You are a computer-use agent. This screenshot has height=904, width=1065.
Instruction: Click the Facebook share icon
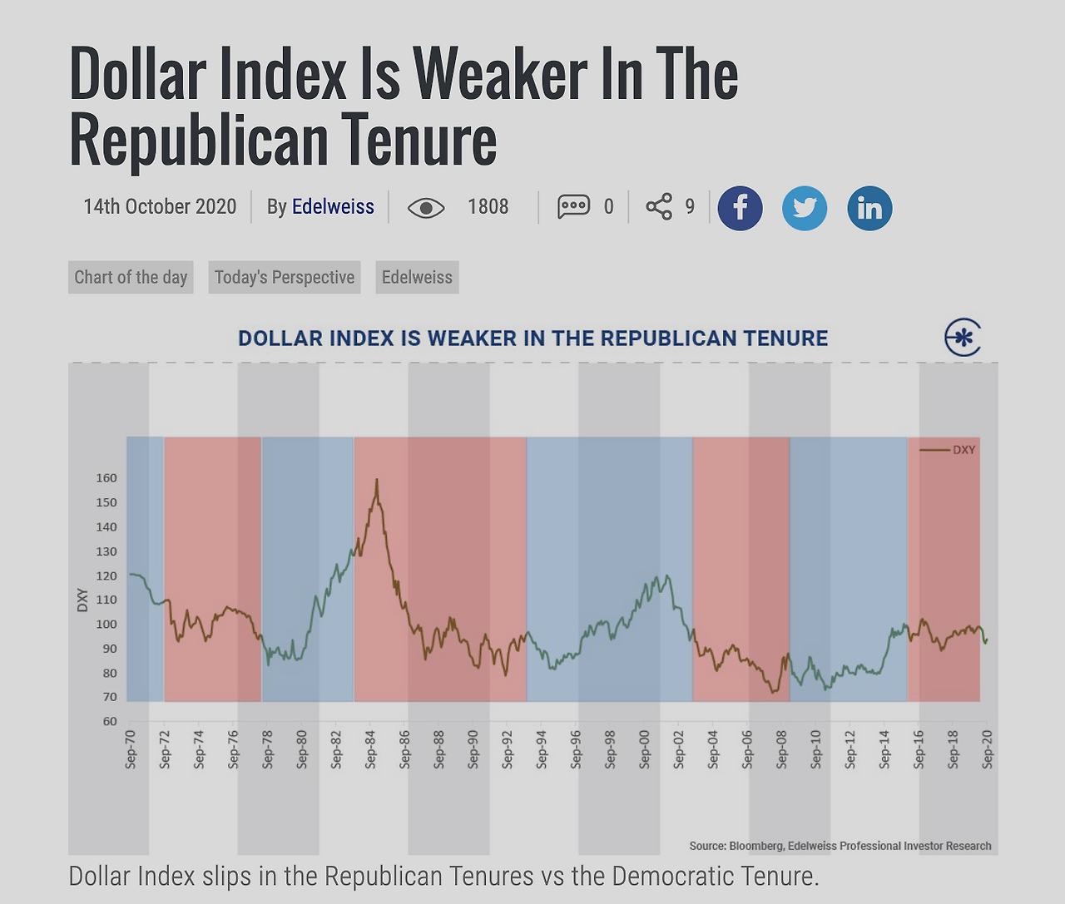point(740,208)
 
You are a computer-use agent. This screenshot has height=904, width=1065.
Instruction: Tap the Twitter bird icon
point(805,208)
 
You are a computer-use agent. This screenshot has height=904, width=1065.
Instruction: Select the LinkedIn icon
point(869,208)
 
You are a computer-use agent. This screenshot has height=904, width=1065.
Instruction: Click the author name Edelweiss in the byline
point(333,207)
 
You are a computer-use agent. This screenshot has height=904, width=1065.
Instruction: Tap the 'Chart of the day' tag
point(131,278)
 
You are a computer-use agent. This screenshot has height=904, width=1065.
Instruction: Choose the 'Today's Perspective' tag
point(285,278)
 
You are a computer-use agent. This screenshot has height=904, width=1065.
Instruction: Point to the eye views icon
point(426,208)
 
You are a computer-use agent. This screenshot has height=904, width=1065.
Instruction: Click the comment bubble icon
point(574,206)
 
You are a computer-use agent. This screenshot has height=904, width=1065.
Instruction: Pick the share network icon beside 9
point(659,206)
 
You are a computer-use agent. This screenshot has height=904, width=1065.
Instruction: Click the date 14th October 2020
point(160,207)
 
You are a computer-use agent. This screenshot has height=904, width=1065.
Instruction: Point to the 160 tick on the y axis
point(106,478)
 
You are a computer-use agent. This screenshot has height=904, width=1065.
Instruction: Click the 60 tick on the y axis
point(110,722)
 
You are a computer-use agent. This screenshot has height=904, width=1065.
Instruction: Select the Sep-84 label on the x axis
point(370,749)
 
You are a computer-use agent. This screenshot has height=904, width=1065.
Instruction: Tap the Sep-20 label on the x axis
point(988,749)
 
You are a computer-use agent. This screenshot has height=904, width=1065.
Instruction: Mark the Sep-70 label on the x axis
point(131,749)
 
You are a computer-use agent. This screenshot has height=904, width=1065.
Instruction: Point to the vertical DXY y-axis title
point(82,600)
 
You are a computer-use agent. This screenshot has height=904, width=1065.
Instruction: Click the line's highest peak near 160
point(377,480)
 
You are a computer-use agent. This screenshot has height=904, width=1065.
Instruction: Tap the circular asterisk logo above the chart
point(963,338)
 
